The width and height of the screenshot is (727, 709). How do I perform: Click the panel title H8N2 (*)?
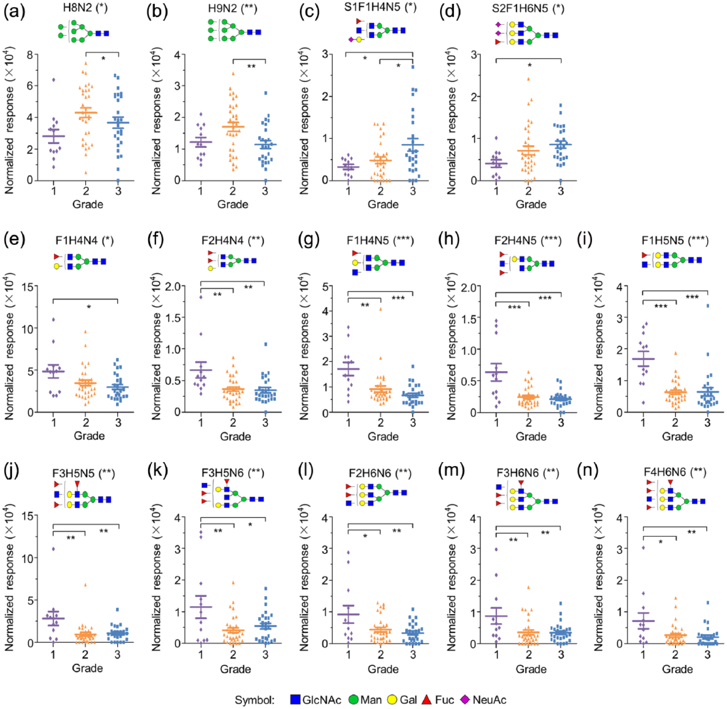pyautogui.click(x=86, y=8)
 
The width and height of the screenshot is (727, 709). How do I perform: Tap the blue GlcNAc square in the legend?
pyautogui.click(x=295, y=699)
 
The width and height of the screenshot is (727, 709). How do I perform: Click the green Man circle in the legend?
pyautogui.click(x=354, y=699)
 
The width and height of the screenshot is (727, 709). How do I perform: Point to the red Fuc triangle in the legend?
pyautogui.click(x=426, y=699)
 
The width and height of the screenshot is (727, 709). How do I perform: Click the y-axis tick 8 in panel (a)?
pyautogui.click(x=30, y=55)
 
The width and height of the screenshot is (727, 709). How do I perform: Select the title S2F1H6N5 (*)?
pyautogui.click(x=528, y=8)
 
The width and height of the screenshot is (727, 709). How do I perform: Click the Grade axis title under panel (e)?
pyautogui.click(x=89, y=436)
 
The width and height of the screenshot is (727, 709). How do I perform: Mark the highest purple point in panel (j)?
pyautogui.click(x=53, y=549)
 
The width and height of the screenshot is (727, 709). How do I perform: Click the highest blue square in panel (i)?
pyautogui.click(x=708, y=306)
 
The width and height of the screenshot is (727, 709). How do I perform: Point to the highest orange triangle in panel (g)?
pyautogui.click(x=381, y=309)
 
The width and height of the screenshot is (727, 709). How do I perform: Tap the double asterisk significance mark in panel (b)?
pyautogui.click(x=251, y=67)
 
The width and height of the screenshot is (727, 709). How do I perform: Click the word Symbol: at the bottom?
pyautogui.click(x=254, y=700)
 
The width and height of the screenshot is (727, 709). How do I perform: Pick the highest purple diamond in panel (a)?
pyautogui.click(x=54, y=79)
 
